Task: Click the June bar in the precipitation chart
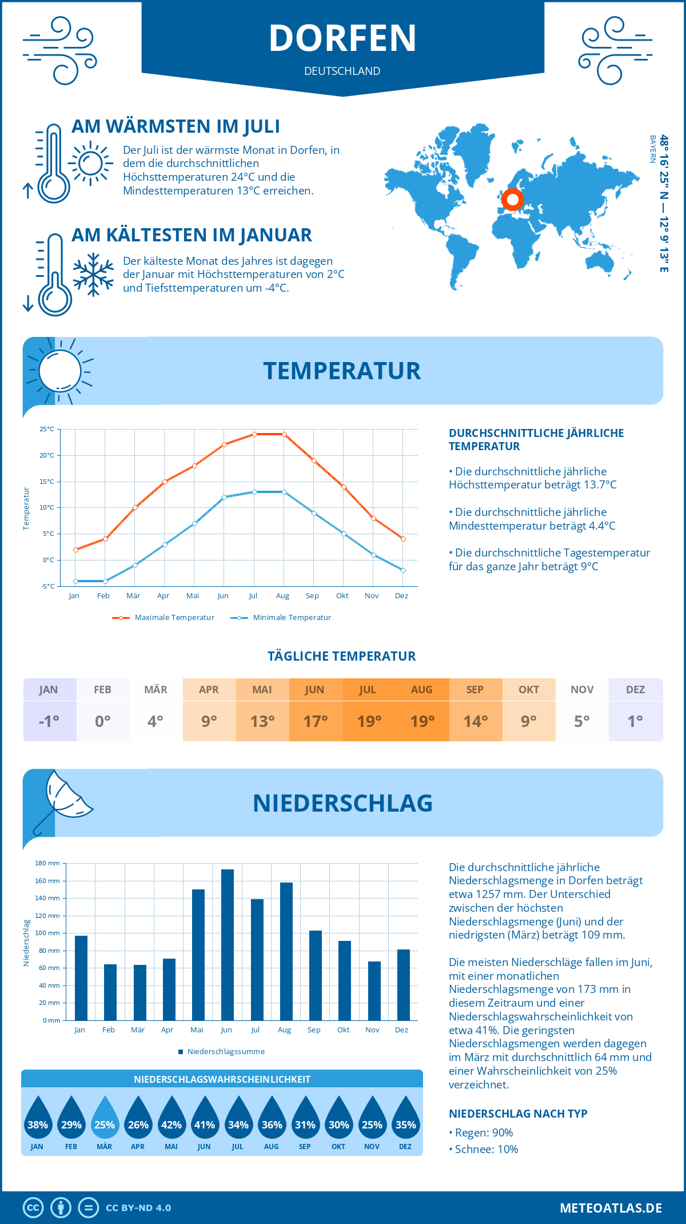point(227,945)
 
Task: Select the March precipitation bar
point(139,992)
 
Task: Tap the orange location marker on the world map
point(513,200)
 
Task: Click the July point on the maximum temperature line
point(254,434)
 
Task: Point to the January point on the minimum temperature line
point(75,581)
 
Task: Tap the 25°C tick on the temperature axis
point(47,429)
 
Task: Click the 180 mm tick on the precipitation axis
point(47,863)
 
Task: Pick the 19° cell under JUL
point(369,721)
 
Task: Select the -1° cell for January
point(49,721)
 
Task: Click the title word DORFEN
point(343,38)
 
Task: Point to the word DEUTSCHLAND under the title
point(342,71)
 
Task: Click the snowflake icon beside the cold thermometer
point(93,275)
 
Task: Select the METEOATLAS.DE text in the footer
point(611,1208)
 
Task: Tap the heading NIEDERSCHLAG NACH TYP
point(518,1114)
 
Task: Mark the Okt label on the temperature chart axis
point(342,596)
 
